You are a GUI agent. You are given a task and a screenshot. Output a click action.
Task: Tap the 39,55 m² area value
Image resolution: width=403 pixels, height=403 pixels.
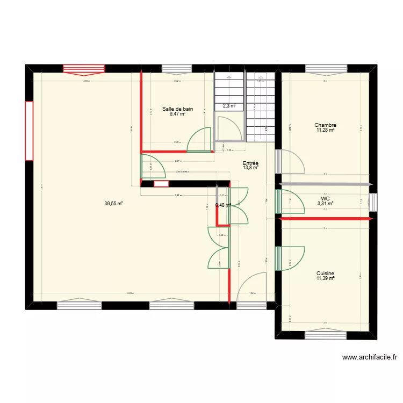114,204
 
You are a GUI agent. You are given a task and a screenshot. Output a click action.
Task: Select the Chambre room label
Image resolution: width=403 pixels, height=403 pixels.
326,125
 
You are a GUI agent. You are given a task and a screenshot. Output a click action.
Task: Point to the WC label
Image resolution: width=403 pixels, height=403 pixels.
326,198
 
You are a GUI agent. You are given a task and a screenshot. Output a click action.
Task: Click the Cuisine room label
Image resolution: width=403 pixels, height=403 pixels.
326,273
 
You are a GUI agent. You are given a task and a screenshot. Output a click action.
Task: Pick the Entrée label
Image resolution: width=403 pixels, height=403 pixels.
250,163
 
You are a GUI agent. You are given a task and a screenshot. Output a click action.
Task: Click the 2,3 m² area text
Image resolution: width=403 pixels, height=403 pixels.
230,106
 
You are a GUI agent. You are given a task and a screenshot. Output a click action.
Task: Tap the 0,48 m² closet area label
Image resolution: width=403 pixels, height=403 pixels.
223,205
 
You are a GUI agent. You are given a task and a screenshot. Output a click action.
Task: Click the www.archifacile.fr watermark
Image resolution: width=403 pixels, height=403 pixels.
369,357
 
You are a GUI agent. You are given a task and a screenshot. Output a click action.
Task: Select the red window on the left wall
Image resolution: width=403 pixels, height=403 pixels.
29,130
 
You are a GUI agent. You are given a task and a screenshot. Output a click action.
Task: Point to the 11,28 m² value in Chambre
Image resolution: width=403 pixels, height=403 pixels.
326,130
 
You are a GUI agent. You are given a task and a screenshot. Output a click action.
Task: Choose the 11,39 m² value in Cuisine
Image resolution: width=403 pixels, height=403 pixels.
326,278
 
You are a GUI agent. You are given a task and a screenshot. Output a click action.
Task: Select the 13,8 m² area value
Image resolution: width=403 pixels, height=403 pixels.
250,168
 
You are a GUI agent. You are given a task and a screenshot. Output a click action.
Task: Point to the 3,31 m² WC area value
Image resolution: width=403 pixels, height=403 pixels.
326,203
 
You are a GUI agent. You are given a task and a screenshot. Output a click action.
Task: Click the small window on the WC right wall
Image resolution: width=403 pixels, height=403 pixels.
373,202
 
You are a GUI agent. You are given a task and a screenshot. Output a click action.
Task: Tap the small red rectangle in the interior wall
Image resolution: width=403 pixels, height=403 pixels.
161,184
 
